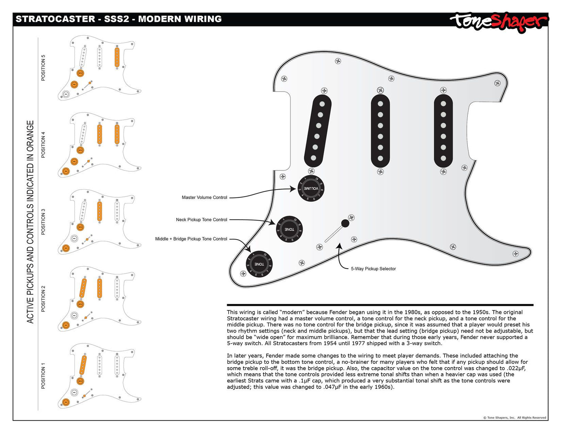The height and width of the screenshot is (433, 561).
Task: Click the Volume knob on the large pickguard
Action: (x=311, y=188)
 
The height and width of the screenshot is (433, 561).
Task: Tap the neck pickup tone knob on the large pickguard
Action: (x=289, y=229)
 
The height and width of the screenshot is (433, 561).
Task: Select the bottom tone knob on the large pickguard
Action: (x=259, y=264)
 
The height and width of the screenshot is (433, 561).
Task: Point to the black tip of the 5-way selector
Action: (x=345, y=223)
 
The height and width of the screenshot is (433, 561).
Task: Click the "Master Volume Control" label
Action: (x=204, y=198)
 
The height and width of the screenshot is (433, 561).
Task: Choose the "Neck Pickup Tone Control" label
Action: (x=201, y=220)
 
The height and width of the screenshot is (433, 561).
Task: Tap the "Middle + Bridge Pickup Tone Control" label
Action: (x=191, y=239)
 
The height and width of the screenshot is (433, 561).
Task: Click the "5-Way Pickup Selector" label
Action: (x=373, y=269)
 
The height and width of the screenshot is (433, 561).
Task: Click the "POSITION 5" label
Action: (x=43, y=68)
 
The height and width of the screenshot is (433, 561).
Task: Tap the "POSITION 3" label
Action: (x=43, y=222)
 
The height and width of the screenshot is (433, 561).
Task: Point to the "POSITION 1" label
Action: (x=43, y=376)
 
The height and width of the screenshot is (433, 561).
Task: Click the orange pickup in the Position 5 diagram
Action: (x=117, y=57)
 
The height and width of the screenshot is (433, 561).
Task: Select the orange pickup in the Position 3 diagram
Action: (x=100, y=211)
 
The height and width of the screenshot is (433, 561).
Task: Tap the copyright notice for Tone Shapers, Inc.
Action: (x=514, y=417)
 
